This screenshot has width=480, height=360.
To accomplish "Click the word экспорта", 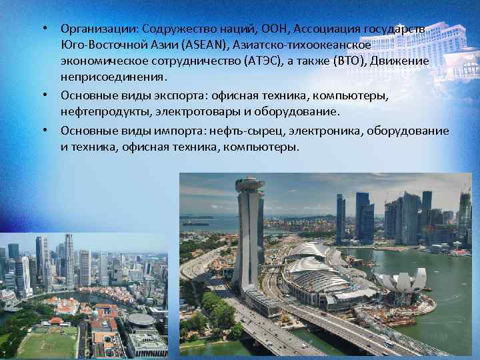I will point(176,95).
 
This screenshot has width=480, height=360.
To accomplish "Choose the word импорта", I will point(175,130).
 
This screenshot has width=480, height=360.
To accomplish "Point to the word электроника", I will point(315,130).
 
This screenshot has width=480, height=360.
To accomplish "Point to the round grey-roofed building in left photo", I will point(141,319).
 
